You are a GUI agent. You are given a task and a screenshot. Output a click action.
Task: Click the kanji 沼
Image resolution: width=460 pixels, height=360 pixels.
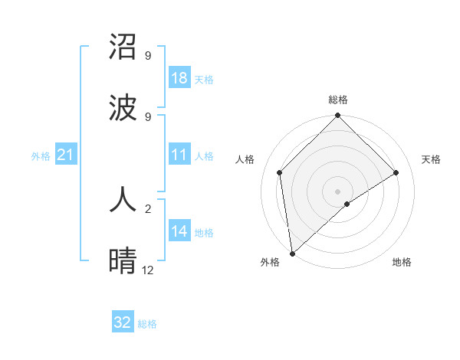123,47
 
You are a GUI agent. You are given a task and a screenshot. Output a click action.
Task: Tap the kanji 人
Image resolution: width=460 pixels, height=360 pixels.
123,201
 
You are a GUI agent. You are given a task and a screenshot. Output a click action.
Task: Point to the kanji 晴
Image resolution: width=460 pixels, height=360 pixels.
123,261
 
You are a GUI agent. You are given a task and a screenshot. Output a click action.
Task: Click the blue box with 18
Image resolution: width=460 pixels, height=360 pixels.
179,78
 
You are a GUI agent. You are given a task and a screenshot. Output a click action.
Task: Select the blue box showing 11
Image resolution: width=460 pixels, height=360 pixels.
179,155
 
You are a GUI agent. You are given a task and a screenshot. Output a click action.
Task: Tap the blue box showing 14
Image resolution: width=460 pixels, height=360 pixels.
179,231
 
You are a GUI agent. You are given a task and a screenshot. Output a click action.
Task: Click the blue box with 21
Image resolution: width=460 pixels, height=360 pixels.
65,155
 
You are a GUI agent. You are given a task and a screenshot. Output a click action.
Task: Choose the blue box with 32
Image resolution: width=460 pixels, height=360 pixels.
123,322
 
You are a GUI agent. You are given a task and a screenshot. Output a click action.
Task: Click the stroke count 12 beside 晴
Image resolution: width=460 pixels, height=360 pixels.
147,270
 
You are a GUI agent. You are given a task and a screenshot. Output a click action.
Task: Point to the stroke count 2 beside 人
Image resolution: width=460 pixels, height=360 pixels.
147,208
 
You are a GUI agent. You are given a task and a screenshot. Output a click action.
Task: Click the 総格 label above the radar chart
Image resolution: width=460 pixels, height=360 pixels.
338,100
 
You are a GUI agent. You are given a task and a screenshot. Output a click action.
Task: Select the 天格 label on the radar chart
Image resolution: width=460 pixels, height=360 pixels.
431,159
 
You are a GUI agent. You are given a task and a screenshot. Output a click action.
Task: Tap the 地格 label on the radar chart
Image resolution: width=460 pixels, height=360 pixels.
402,262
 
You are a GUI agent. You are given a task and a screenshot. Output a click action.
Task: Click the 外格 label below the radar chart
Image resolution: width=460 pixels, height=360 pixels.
270,262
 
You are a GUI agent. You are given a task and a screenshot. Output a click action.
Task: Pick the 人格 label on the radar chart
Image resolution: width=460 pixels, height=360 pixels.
245,159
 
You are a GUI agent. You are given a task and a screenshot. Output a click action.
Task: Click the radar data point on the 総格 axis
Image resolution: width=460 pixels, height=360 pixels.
338,116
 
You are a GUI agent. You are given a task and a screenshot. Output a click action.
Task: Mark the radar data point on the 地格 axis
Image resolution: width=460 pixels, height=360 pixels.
347,204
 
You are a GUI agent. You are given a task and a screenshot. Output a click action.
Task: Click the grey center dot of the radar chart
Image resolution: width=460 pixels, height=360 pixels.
338,191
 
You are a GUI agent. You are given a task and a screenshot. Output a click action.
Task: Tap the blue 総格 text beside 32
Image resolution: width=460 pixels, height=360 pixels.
147,324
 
